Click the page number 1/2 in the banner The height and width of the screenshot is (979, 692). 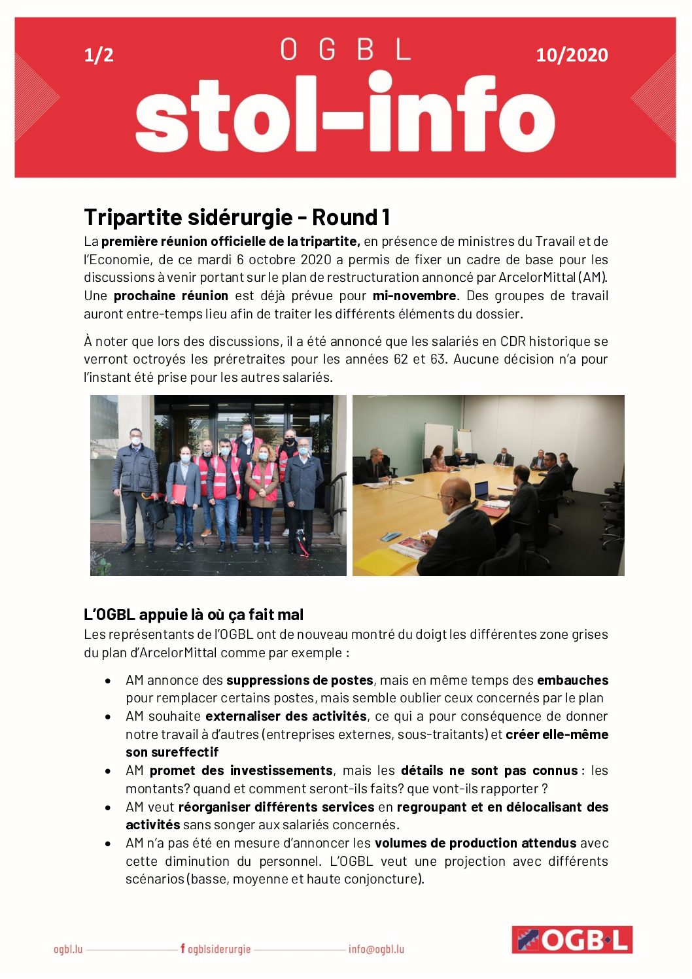coord(99,55)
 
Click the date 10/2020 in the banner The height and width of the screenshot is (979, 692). coord(572,55)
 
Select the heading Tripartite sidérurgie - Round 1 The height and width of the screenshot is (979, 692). coord(237,217)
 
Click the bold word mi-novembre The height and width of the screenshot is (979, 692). coord(414,296)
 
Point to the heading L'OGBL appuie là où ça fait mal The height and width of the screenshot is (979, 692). coord(194,615)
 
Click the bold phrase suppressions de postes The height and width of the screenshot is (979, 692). coord(300,680)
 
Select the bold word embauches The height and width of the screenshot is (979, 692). coord(572,680)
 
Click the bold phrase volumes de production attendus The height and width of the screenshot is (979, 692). coord(476,843)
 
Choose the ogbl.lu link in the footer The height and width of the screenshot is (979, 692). coord(68,949)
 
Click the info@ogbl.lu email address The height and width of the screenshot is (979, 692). coord(376,949)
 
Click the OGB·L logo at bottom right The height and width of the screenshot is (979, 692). coord(572,940)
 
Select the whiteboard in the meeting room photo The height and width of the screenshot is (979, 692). coord(438,438)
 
